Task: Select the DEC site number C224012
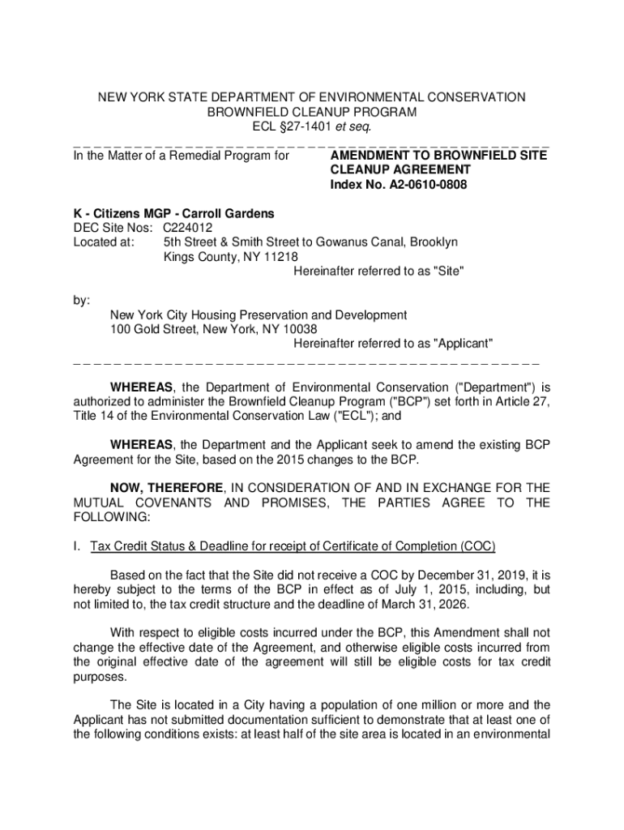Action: click(x=188, y=228)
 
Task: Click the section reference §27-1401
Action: click(x=303, y=126)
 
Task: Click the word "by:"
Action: click(x=82, y=301)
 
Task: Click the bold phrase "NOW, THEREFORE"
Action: click(x=167, y=488)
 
